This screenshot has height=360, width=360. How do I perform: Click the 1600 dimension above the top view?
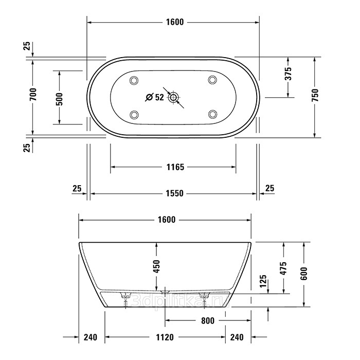click(175, 22)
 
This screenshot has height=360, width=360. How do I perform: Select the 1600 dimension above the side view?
click(167, 220)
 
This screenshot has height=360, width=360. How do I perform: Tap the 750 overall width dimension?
click(316, 95)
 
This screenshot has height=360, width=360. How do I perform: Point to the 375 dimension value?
click(288, 74)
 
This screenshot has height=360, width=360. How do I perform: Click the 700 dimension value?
click(33, 94)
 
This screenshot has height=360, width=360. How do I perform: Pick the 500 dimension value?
click(59, 99)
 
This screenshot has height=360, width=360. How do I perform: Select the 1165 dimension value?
click(175, 167)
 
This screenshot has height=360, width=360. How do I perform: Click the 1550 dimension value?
click(175, 193)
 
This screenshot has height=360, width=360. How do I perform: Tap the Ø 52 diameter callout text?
click(155, 97)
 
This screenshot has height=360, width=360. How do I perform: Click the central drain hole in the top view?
click(173, 98)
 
